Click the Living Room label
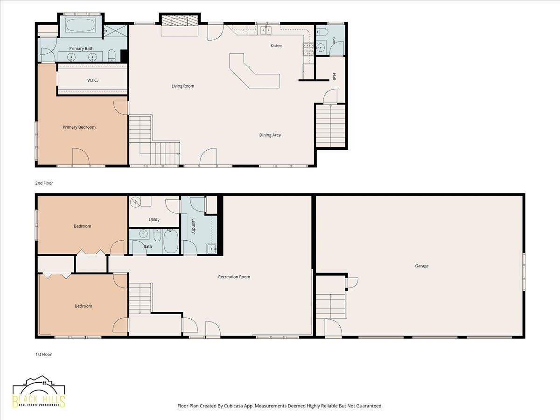[182, 86]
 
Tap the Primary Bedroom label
[79, 127]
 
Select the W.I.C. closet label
[92, 80]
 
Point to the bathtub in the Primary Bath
[81, 25]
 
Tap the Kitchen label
[276, 46]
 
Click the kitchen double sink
[266, 30]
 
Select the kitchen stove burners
[308, 49]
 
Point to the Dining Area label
[270, 135]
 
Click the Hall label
[334, 77]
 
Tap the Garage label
[422, 266]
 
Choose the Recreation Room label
[234, 277]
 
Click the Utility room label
[154, 219]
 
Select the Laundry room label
[194, 226]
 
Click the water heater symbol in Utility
[135, 202]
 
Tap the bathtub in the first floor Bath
[171, 241]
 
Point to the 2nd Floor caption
[44, 183]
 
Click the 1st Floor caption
[43, 354]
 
